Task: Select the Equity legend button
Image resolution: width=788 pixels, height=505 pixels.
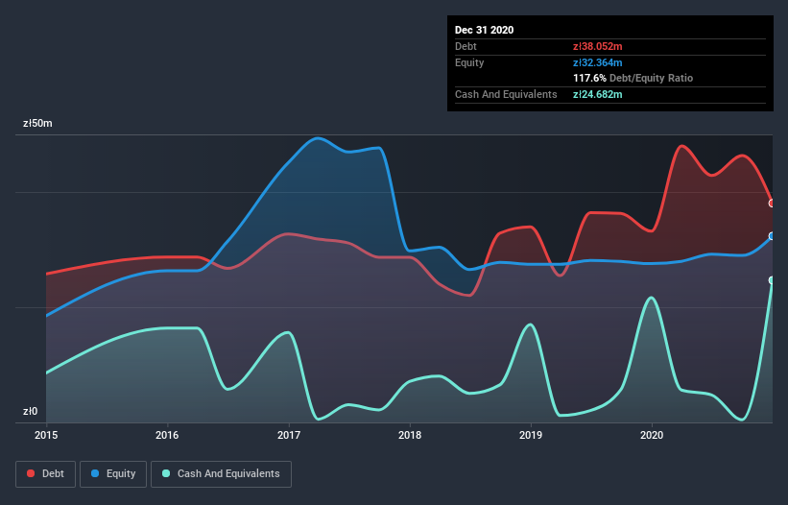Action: pyautogui.click(x=113, y=473)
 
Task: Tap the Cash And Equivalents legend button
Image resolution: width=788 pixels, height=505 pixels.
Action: pyautogui.click(x=221, y=473)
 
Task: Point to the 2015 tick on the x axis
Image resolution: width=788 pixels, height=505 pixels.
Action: pyautogui.click(x=46, y=435)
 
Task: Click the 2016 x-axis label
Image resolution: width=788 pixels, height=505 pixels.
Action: pyautogui.click(x=167, y=435)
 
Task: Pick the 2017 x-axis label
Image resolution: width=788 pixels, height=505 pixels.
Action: pyautogui.click(x=289, y=435)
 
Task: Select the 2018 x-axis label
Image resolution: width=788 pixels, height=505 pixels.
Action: pyautogui.click(x=410, y=435)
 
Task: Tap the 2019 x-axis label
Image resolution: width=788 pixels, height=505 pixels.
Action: pyautogui.click(x=531, y=435)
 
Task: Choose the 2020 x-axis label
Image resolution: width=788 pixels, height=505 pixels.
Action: pyautogui.click(x=652, y=435)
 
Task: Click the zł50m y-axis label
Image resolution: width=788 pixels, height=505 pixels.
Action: pyautogui.click(x=37, y=124)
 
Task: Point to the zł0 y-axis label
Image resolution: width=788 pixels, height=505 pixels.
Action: pyautogui.click(x=31, y=412)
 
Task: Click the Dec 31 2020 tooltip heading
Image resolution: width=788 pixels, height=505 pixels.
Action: pyautogui.click(x=485, y=30)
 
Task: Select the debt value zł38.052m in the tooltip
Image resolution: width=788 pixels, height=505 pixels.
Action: pyautogui.click(x=597, y=46)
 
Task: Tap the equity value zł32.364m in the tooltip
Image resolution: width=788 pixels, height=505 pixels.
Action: pyautogui.click(x=597, y=62)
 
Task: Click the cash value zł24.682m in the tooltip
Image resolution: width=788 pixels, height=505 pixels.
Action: pyautogui.click(x=597, y=94)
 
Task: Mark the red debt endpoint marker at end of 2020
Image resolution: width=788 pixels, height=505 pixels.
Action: pyautogui.click(x=772, y=203)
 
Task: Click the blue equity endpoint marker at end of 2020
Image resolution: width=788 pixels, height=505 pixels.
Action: pyautogui.click(x=772, y=235)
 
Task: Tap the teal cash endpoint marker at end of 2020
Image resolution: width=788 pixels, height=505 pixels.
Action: pyautogui.click(x=772, y=280)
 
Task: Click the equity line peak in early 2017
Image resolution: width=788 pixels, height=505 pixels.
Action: pyautogui.click(x=317, y=138)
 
